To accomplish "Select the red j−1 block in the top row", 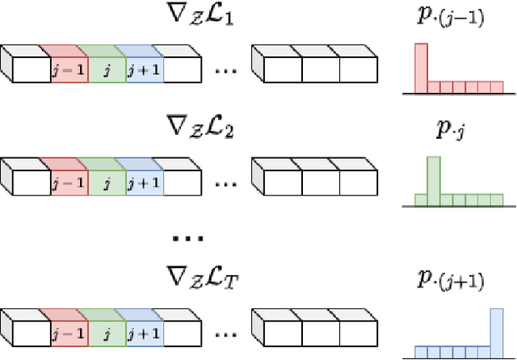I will [x=68, y=69].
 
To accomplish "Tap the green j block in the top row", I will [x=105, y=69].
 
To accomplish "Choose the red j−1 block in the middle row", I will [x=68, y=182].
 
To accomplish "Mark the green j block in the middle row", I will [x=105, y=182].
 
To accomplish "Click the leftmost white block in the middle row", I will [x=31, y=182].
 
